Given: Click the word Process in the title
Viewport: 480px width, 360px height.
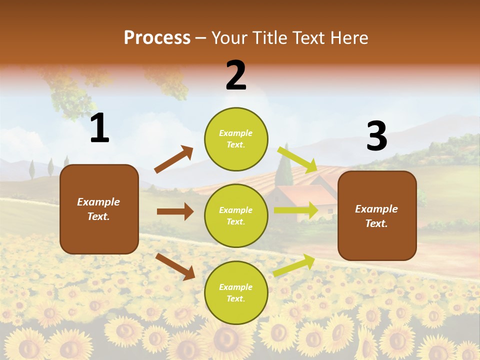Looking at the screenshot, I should pyautogui.click(x=157, y=37).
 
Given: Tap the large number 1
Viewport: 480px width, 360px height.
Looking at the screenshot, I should pyautogui.click(x=99, y=128).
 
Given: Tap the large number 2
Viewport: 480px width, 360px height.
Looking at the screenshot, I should pyautogui.click(x=236, y=75).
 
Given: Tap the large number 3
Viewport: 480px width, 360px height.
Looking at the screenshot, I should pyautogui.click(x=376, y=136).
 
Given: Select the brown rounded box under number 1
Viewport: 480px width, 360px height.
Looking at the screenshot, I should pyautogui.click(x=99, y=209).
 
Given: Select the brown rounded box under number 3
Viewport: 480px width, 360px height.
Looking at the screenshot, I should pyautogui.click(x=377, y=215).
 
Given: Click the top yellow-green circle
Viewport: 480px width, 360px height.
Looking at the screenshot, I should pyautogui.click(x=236, y=139).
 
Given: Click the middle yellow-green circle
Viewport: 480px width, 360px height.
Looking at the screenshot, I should pyautogui.click(x=236, y=215).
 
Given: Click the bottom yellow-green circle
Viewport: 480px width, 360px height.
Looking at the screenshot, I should pyautogui.click(x=236, y=292).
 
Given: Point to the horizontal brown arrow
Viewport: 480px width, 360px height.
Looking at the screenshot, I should pyautogui.click(x=175, y=211).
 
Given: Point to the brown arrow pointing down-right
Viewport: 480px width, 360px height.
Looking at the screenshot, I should pyautogui.click(x=175, y=266).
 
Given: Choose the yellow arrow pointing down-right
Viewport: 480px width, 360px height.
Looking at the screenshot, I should pyautogui.click(x=297, y=159).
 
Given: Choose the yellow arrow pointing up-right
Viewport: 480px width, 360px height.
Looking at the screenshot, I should pyautogui.click(x=294, y=265).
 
